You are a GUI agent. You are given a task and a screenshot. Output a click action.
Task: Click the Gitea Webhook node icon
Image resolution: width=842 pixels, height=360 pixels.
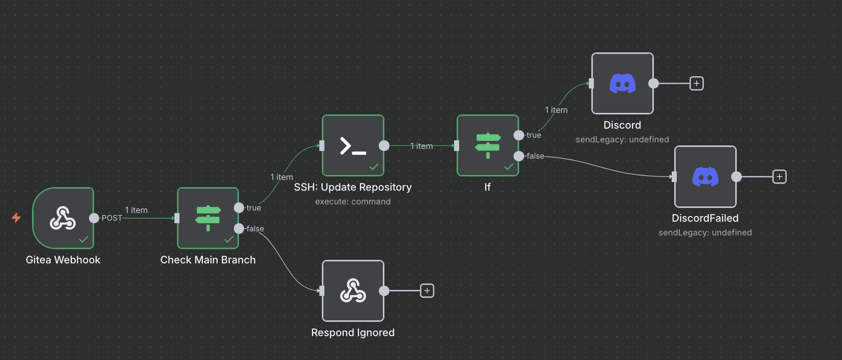pos(63,218)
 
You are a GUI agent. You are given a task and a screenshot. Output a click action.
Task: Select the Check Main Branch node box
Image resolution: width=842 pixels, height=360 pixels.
pos(208,218)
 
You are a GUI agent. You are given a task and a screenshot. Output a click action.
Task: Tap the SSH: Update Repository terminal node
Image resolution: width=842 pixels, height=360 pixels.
pos(353,145)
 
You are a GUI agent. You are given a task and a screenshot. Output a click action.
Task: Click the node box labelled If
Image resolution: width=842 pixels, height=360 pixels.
pos(488,145)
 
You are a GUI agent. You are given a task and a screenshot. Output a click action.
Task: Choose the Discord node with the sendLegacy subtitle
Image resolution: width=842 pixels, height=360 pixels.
pos(622,83)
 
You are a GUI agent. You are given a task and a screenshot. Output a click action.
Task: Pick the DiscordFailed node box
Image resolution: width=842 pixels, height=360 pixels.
pos(705,176)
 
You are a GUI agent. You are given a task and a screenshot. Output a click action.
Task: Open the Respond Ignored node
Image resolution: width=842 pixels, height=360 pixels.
pos(353,291)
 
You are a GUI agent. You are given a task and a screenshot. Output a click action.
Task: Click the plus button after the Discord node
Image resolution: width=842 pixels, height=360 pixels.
pos(697,83)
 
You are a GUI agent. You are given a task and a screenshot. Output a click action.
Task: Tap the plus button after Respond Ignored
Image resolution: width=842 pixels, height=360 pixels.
pos(427,291)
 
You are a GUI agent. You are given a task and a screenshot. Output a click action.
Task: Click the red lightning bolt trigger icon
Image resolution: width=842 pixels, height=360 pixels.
pos(16,218)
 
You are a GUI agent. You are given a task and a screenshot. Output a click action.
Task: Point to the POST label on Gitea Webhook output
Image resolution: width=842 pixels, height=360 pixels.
pos(112,218)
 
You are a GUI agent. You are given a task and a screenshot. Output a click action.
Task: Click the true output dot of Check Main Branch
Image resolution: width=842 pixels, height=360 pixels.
pos(239,207)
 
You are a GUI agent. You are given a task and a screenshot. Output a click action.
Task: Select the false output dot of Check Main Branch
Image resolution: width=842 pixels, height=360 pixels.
pos(239,228)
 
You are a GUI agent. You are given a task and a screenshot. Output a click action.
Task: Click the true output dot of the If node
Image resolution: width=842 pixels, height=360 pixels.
pos(519,135)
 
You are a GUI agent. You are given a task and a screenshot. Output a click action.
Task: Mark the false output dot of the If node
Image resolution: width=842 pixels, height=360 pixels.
pos(519,156)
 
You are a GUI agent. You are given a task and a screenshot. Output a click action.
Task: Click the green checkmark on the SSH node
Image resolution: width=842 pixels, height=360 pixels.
pos(374,167)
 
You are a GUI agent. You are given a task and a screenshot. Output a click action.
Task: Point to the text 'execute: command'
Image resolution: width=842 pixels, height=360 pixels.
pos(353,201)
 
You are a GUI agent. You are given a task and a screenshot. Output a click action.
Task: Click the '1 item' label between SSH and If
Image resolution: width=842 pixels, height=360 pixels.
pos(422,146)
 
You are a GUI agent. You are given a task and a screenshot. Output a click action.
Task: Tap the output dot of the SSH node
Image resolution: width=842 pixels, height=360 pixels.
pos(384,146)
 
